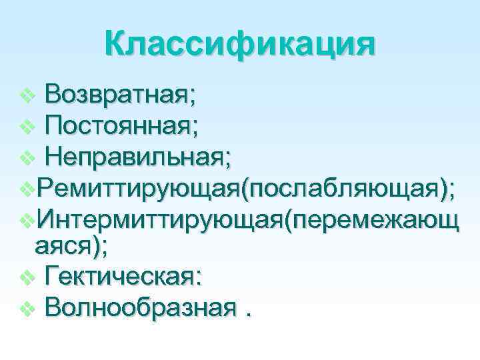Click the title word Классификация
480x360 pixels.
(x=240, y=45)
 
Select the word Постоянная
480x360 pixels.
(x=117, y=125)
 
